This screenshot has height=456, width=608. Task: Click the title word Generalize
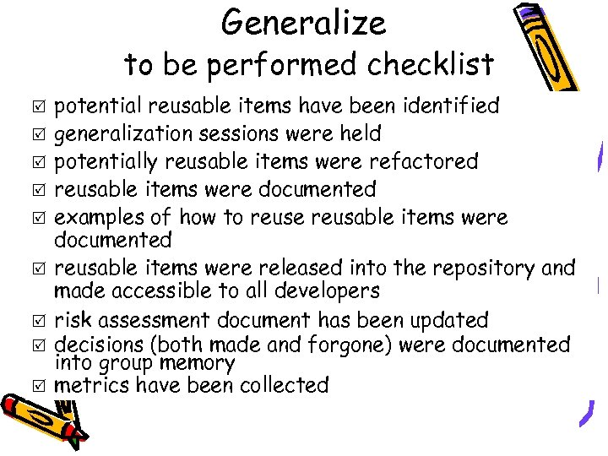point(304,24)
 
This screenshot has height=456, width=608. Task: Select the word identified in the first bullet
point(448,106)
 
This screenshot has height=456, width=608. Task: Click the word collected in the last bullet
point(284,386)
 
